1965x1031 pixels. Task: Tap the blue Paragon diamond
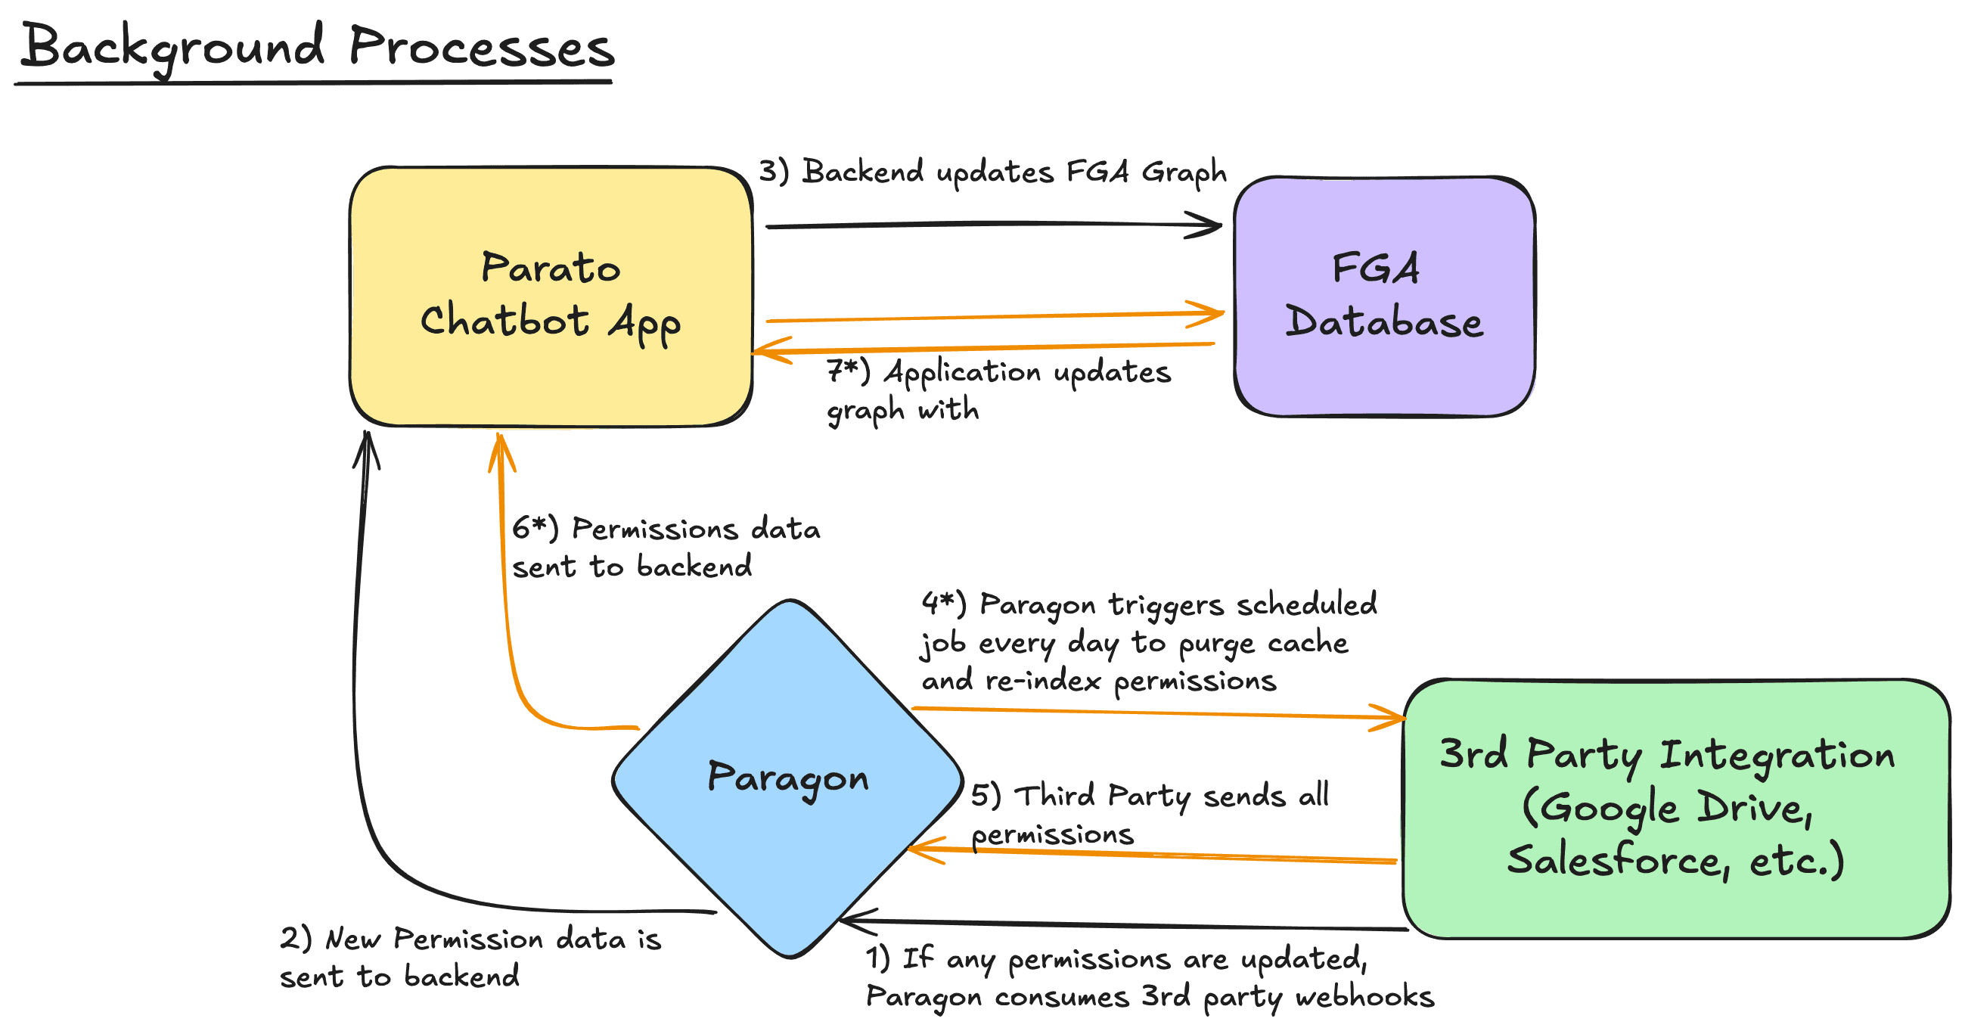click(788, 840)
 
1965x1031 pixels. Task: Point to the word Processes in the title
click(481, 48)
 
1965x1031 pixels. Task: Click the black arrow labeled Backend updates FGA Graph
click(992, 225)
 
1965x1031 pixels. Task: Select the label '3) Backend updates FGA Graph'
click(992, 172)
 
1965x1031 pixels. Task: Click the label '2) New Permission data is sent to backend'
click(470, 957)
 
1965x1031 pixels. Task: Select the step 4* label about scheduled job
click(1149, 641)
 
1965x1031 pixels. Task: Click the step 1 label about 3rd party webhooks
click(1149, 977)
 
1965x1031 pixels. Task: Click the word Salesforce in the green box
click(1613, 860)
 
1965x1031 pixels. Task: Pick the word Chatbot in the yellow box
click(504, 320)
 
